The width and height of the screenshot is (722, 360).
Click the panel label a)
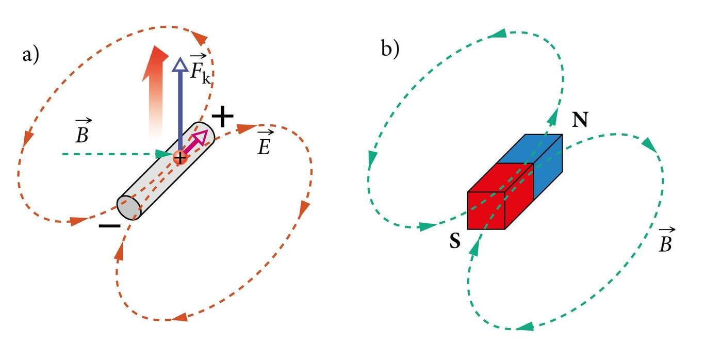(x=30, y=54)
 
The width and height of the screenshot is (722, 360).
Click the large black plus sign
(x=223, y=118)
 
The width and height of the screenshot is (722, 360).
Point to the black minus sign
(x=109, y=226)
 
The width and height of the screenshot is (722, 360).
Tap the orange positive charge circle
(x=179, y=157)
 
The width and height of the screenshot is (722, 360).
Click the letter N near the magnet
(x=581, y=120)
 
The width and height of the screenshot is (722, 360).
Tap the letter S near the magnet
(x=454, y=241)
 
